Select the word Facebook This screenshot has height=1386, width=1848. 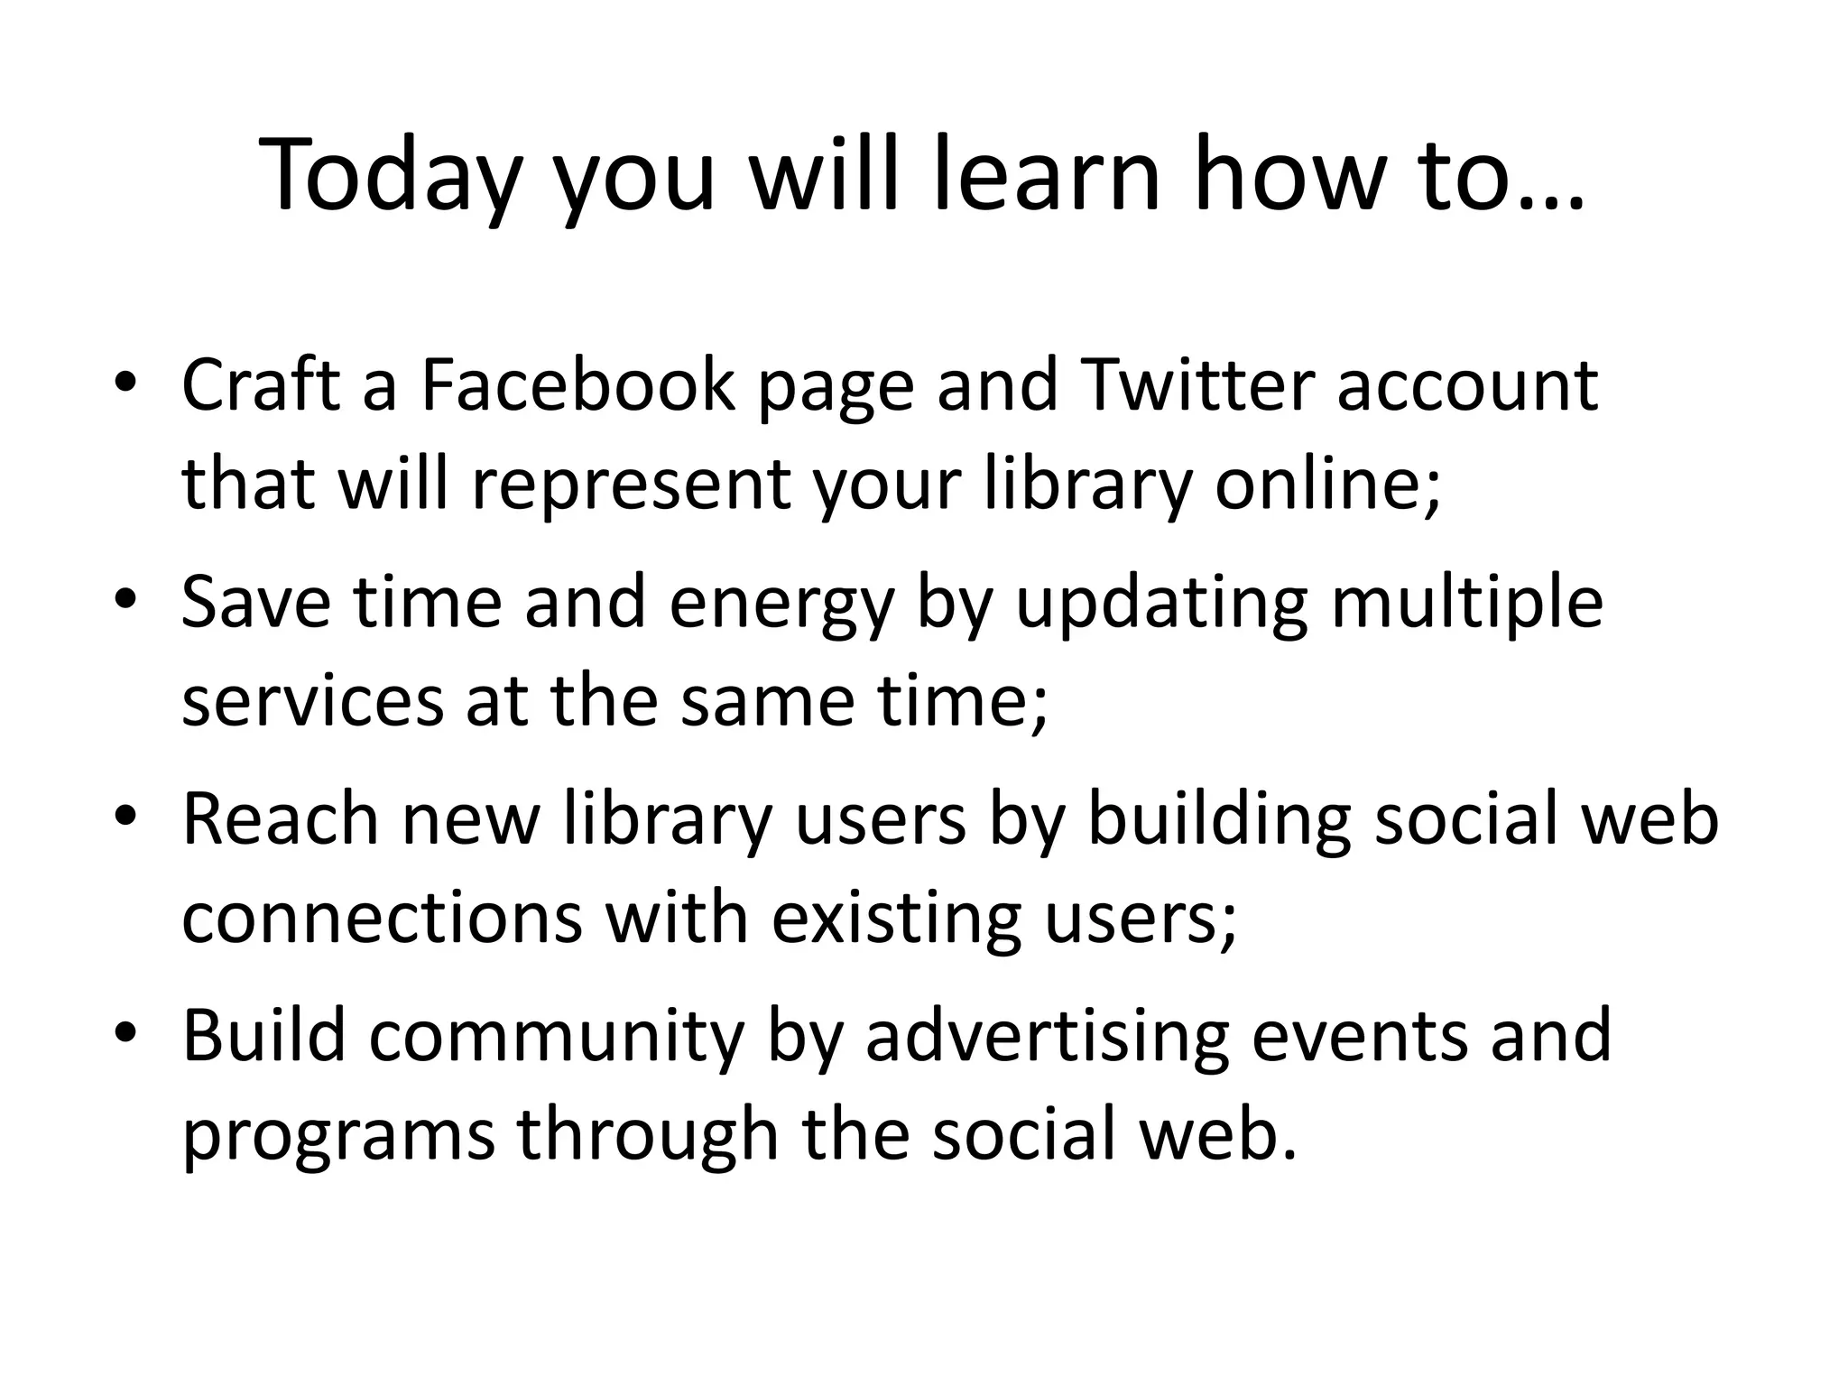(577, 386)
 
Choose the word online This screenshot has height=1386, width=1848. (1326, 485)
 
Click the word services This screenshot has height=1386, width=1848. (312, 702)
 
